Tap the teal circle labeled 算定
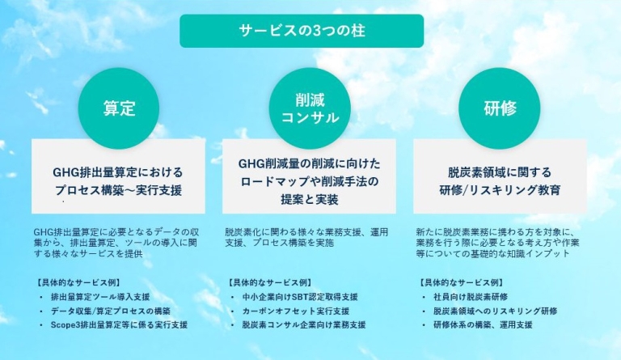[119, 108]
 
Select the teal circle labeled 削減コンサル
[310, 108]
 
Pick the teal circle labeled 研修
[500, 108]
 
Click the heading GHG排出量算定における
[119, 172]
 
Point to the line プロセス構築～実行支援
[119, 191]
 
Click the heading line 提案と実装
[310, 199]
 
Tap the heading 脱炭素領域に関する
[500, 172]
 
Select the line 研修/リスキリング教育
[500, 191]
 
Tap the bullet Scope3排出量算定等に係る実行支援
[118, 324]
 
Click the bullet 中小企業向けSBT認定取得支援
[299, 298]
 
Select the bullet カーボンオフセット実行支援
[295, 311]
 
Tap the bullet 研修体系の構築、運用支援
[483, 324]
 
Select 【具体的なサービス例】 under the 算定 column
[78, 283]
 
